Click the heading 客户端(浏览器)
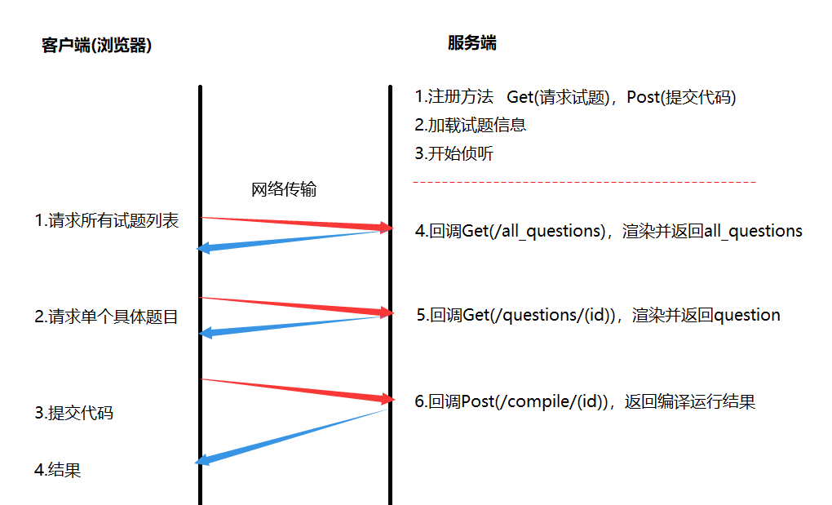[x=96, y=46]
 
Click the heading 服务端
[x=471, y=43]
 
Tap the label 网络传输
[x=283, y=190]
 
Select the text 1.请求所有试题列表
[x=107, y=220]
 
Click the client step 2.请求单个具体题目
[x=106, y=317]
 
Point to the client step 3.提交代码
[x=74, y=413]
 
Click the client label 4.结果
[x=58, y=470]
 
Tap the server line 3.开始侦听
[x=454, y=153]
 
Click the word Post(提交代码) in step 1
[x=681, y=97]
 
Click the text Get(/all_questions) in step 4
[x=532, y=231]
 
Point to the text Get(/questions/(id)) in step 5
[x=539, y=315]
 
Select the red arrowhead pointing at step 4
[x=383, y=227]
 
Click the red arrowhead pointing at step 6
[x=383, y=398]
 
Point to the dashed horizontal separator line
[x=584, y=181]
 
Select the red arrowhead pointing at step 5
[x=383, y=312]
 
